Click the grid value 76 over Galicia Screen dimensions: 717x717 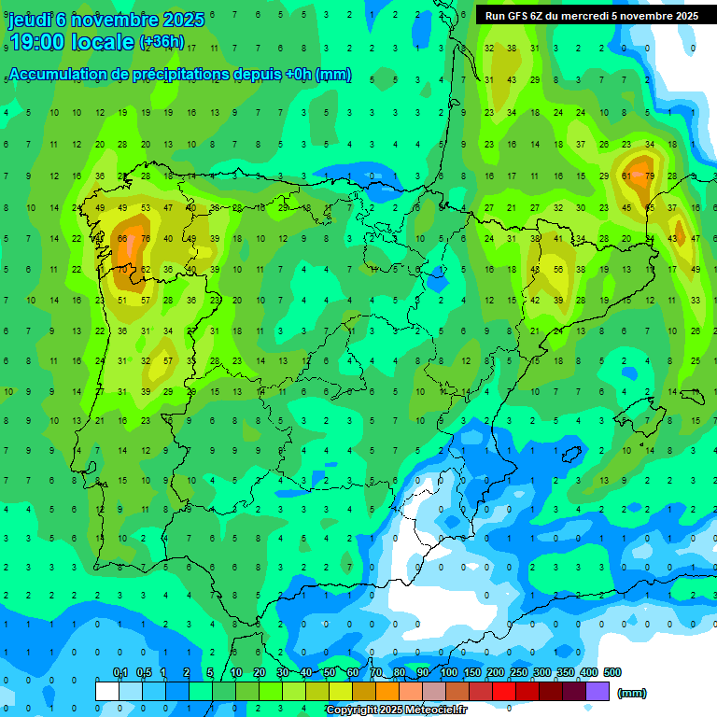[145, 239]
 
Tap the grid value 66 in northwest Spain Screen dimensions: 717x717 [122, 239]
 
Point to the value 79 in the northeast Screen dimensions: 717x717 [649, 176]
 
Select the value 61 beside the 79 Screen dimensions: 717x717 [626, 176]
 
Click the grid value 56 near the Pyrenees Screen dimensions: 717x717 [557, 270]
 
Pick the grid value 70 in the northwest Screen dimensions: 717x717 [122, 270]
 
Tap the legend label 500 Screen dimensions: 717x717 [612, 672]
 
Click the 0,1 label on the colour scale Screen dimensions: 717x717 [120, 672]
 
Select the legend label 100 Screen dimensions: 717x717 [449, 672]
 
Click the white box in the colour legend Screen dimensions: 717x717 [107, 691]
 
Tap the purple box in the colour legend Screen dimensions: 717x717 [597, 691]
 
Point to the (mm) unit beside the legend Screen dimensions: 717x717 [632, 693]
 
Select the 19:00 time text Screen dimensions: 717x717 [36, 41]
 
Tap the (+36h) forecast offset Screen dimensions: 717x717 [162, 42]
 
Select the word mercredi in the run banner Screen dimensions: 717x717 [608, 16]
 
